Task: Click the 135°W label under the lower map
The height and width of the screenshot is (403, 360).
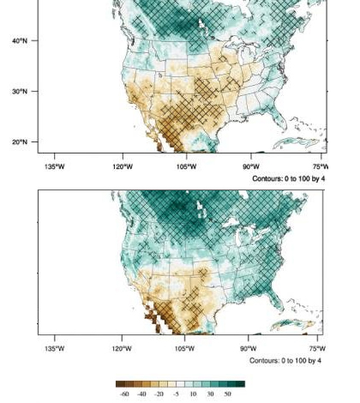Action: click(54, 349)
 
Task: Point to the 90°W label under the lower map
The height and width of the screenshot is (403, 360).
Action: click(249, 349)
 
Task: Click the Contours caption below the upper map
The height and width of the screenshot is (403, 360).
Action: click(289, 178)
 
